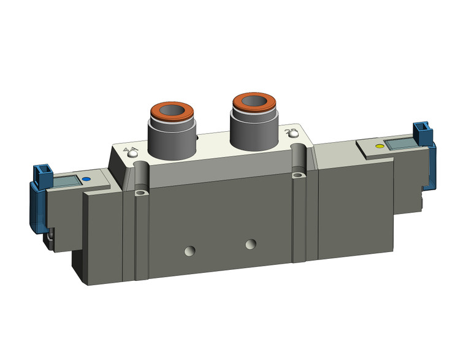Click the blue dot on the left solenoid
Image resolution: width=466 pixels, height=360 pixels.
click(x=85, y=180)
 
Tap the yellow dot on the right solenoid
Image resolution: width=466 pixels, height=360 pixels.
click(x=379, y=147)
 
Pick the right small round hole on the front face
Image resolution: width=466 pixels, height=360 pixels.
click(x=250, y=245)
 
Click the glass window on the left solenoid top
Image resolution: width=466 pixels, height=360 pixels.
click(x=67, y=182)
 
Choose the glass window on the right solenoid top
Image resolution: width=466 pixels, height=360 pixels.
click(x=402, y=144)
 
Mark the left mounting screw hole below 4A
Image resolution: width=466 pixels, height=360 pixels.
click(x=142, y=194)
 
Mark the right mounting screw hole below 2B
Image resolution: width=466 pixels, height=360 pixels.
click(x=299, y=177)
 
